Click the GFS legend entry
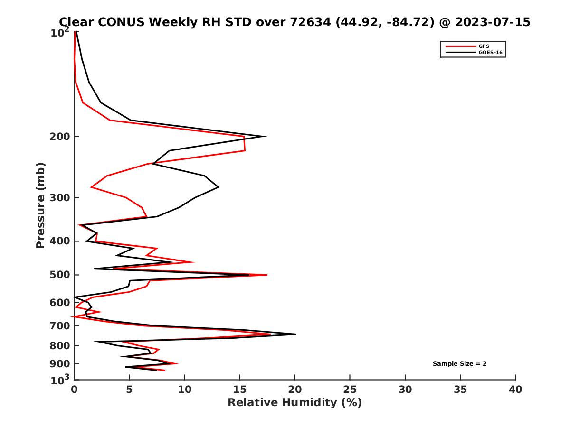click(x=484, y=46)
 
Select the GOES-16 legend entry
click(x=490, y=53)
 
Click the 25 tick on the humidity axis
click(x=350, y=390)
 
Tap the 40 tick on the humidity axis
click(x=515, y=390)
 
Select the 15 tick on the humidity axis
click(x=240, y=390)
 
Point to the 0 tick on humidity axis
click(x=75, y=390)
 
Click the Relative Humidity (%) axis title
click(x=294, y=403)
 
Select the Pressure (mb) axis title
click(x=40, y=205)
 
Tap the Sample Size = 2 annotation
click(x=459, y=364)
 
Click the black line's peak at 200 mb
click(x=265, y=137)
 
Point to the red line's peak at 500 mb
click(x=267, y=275)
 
